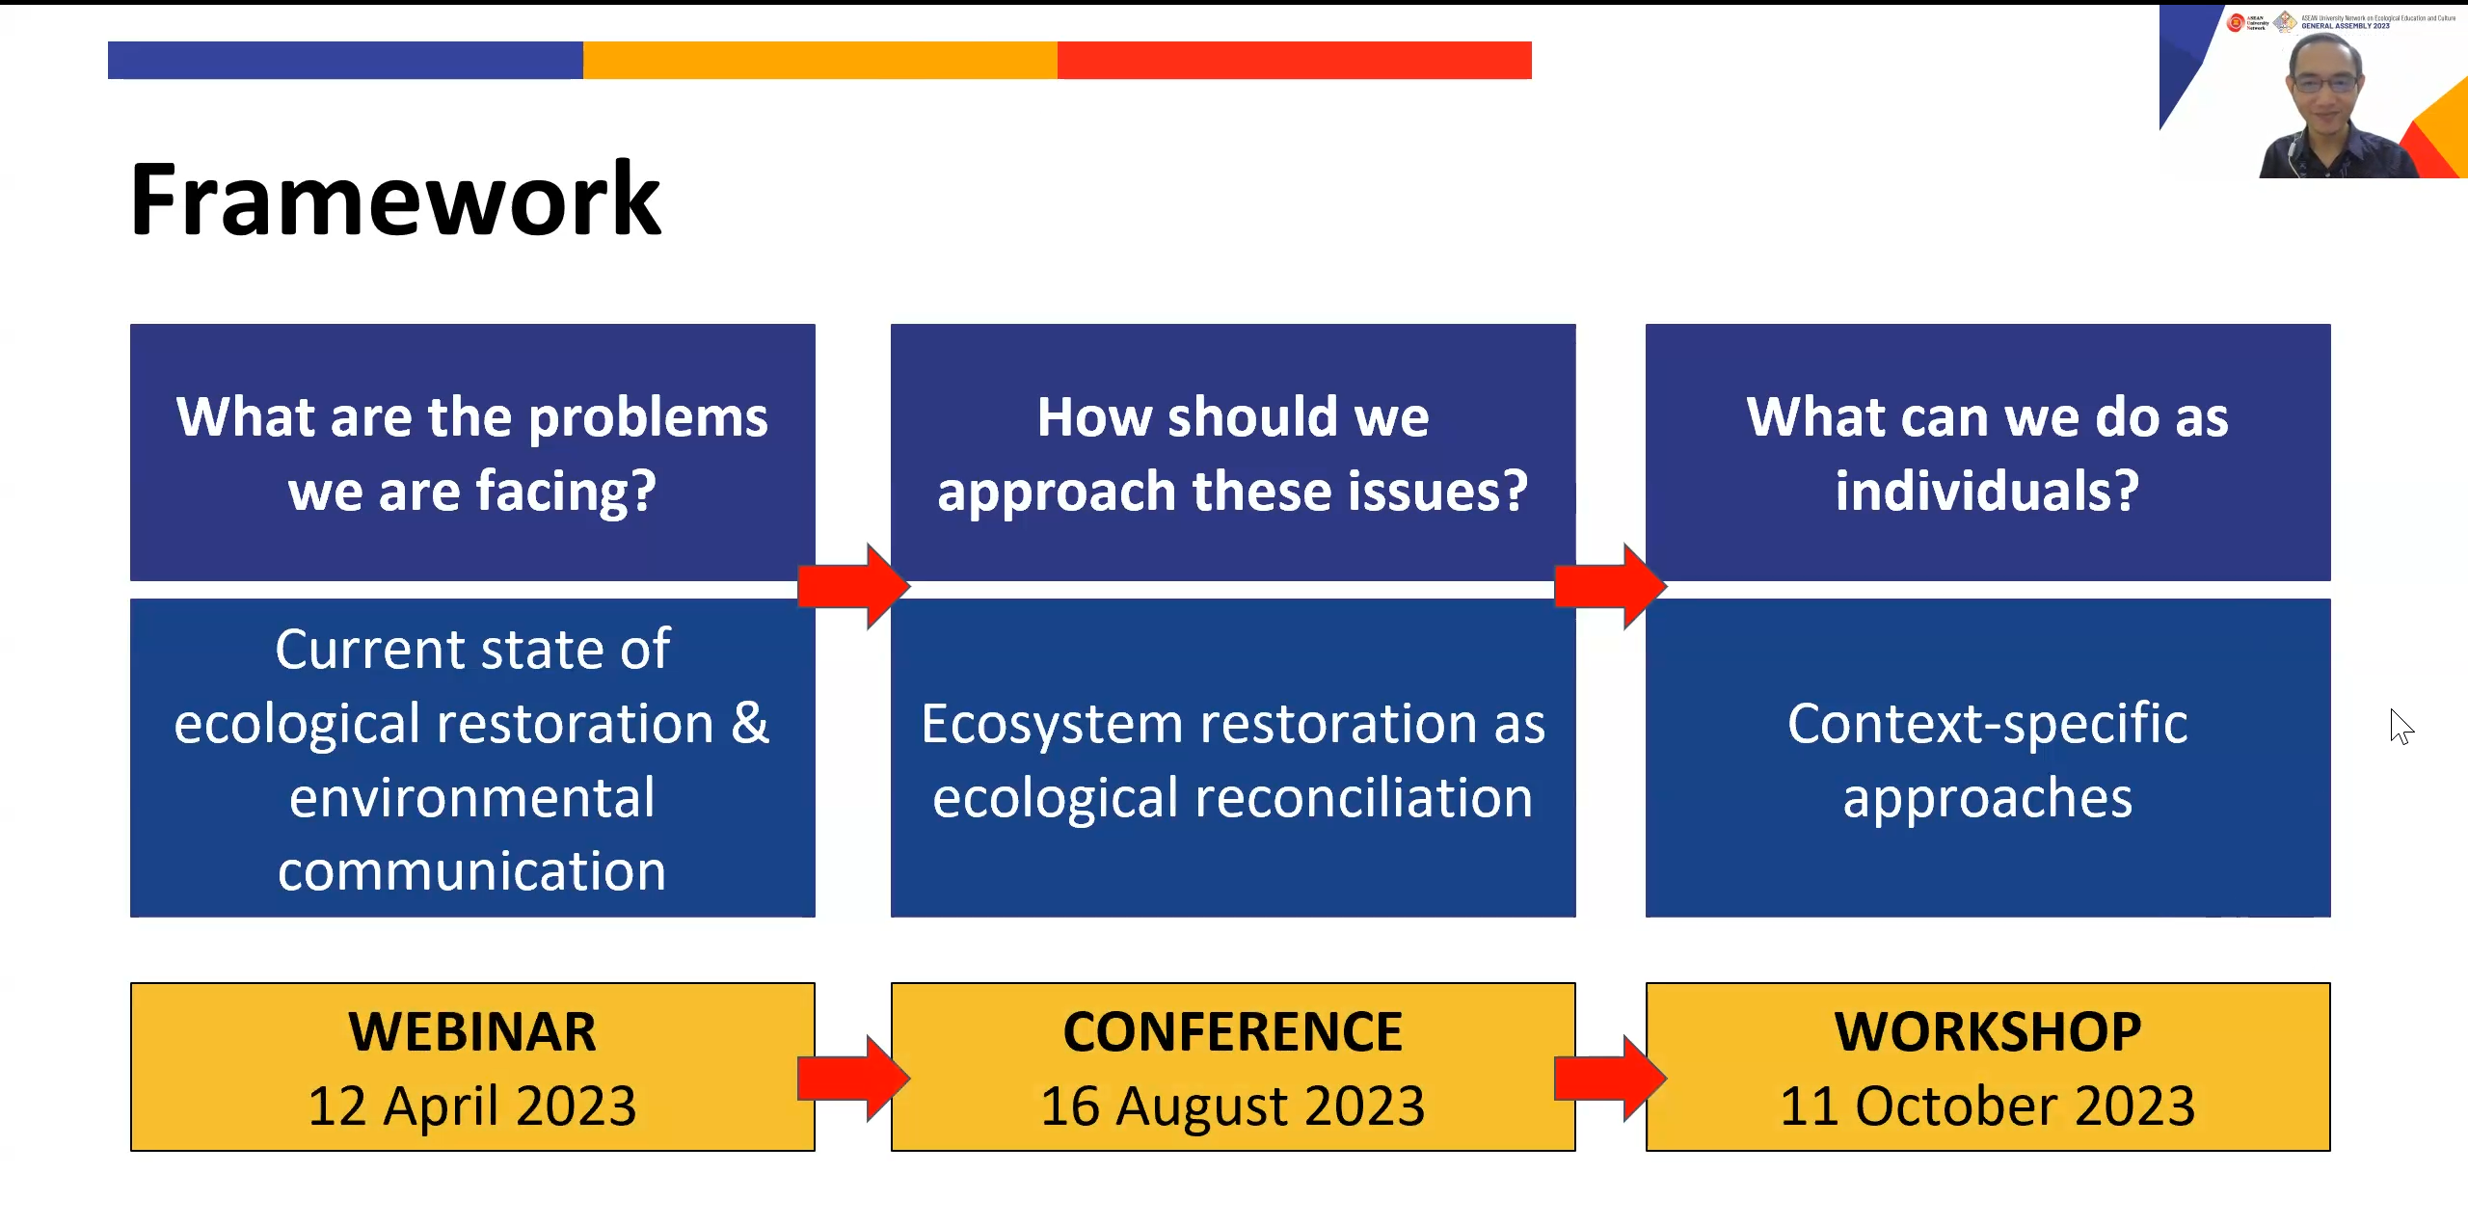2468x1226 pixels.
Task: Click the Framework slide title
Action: [395, 200]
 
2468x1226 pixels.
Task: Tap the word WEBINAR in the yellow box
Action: [472, 1031]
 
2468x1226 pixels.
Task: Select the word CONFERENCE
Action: [1232, 1031]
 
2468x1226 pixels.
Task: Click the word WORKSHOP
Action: [1987, 1031]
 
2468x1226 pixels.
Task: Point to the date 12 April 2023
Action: [472, 1106]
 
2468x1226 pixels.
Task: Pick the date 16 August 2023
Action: [1232, 1106]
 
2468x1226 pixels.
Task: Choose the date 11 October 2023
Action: [1987, 1106]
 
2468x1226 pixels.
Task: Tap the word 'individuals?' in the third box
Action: [1987, 492]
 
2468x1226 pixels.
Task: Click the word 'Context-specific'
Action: [1987, 724]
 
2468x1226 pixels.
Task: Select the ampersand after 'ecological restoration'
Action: [750, 724]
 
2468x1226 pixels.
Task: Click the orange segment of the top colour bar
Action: [819, 60]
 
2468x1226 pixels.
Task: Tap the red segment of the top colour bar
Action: [1294, 60]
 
